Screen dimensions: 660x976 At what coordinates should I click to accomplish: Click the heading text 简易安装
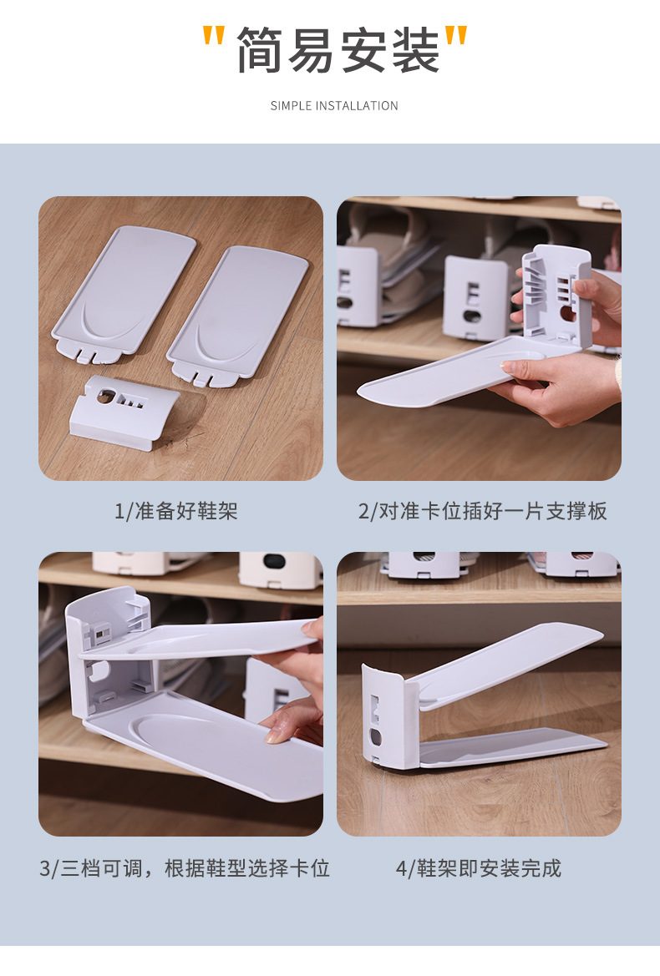coord(338,50)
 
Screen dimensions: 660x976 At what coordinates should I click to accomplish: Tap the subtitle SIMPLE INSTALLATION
coord(334,106)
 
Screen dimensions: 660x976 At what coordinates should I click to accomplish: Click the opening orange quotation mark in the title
coord(214,35)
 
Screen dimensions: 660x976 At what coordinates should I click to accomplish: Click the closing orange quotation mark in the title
coord(456,35)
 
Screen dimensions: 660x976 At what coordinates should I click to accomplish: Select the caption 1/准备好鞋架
coord(176,511)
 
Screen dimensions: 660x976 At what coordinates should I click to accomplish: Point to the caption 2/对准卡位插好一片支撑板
coord(483,511)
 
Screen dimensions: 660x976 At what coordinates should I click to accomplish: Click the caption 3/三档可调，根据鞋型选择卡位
coord(185,867)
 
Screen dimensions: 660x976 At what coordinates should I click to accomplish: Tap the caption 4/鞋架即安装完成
coord(479,867)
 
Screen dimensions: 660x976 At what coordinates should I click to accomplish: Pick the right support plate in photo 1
coord(237,315)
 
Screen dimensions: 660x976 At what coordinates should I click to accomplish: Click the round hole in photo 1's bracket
coord(106,395)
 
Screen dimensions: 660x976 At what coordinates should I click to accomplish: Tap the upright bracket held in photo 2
coord(556,297)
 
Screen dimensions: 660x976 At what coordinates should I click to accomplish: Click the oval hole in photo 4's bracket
coord(375,737)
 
